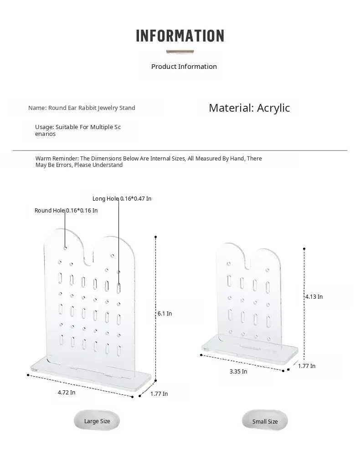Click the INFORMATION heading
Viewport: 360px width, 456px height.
coord(180,36)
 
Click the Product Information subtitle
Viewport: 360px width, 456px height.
coord(184,67)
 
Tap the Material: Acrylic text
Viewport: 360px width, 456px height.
coord(249,108)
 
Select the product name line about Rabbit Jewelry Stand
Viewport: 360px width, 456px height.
coord(82,108)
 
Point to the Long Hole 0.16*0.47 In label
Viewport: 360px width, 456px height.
coord(122,199)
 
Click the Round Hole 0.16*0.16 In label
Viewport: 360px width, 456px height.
coord(66,211)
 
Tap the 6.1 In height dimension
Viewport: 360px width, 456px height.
coord(165,314)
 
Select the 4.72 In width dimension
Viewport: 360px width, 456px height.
coord(67,393)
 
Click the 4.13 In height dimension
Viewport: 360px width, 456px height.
coord(314,297)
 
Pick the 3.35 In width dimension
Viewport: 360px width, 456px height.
coord(238,372)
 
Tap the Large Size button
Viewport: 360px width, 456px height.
coord(97,421)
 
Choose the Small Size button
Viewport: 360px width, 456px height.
coord(265,421)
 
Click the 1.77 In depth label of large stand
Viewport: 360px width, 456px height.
coord(159,394)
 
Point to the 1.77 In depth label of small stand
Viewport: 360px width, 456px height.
coord(307,366)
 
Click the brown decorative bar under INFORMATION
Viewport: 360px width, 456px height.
coord(180,52)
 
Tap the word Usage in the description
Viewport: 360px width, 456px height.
coord(44,127)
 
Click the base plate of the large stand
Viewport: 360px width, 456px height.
coord(91,372)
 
